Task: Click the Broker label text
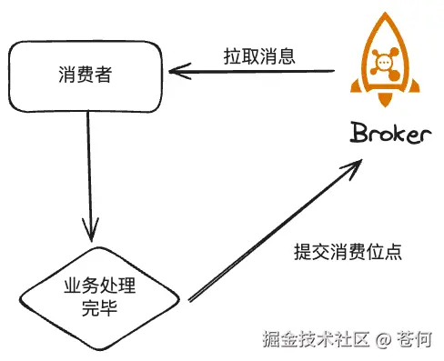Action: [x=390, y=135]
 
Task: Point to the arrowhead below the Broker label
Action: [x=354, y=168]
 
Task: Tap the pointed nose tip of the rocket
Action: [x=387, y=12]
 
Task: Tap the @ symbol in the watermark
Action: [x=383, y=340]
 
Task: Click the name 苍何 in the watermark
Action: [x=415, y=340]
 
